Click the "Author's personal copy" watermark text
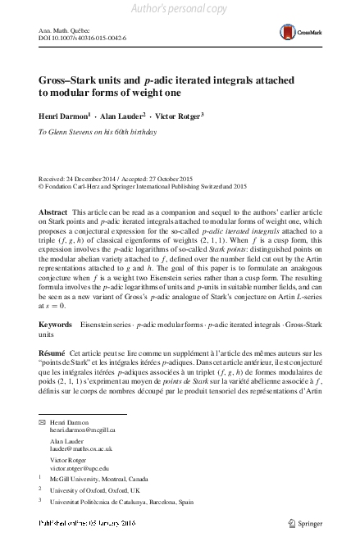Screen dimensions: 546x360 point(179,8)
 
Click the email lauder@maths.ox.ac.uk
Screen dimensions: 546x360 point(80,449)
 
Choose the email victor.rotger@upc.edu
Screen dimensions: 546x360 point(80,469)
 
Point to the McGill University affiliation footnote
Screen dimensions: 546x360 point(100,479)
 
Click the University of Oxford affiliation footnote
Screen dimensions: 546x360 point(97,489)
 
